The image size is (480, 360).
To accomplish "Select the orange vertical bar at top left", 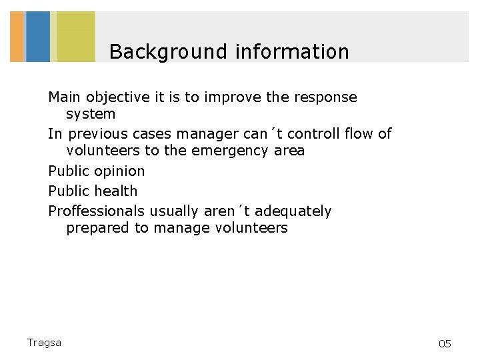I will [x=17, y=37].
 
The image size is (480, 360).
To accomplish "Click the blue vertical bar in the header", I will [x=38, y=37].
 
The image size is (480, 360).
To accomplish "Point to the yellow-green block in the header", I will [x=75, y=37].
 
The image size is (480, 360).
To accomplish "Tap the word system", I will [x=91, y=114].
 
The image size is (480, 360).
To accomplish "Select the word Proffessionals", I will [x=96, y=211].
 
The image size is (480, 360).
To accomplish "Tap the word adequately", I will [x=293, y=211].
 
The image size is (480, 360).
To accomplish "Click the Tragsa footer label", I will [x=44, y=343].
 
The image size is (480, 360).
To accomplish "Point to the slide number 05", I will [x=445, y=344].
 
